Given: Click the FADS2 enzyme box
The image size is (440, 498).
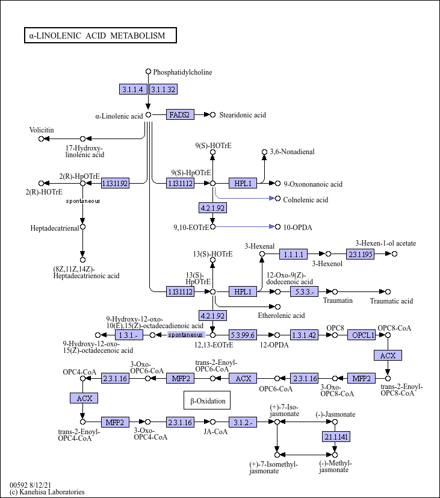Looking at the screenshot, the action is pos(180,114).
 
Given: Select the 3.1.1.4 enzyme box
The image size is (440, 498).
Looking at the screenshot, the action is pos(133,89).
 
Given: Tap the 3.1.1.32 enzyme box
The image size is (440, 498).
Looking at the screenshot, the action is pos(163,89).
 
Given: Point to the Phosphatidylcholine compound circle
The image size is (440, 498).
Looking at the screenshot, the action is pos(148,72).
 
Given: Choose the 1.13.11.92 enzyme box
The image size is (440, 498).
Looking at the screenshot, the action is pos(115,183).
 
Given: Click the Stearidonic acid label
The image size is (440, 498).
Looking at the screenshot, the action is pos(243,115).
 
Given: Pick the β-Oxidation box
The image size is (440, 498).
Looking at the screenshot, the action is pos(207,400).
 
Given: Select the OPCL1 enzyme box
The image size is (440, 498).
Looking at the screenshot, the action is pos(362,335).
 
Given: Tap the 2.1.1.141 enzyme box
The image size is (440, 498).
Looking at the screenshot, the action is pos(336,437).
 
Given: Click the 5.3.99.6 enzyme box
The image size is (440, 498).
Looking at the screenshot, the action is pos(243,335).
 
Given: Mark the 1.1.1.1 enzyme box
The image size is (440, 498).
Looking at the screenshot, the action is pos(293,254).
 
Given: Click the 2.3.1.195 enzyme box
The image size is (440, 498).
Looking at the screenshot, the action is pos(360,254).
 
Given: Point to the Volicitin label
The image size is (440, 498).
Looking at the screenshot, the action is pos(42,130).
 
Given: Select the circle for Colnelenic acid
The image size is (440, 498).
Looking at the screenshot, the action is pos(277,199).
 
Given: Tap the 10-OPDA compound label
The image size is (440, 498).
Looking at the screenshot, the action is pos(298,228).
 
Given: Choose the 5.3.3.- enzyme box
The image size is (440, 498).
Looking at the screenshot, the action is pos(304,291).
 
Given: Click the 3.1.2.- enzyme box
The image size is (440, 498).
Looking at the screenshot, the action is pos(243,422).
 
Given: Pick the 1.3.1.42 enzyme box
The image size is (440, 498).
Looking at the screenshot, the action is pos(304,335).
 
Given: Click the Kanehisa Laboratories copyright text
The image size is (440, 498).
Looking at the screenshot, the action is pos(47,492).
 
